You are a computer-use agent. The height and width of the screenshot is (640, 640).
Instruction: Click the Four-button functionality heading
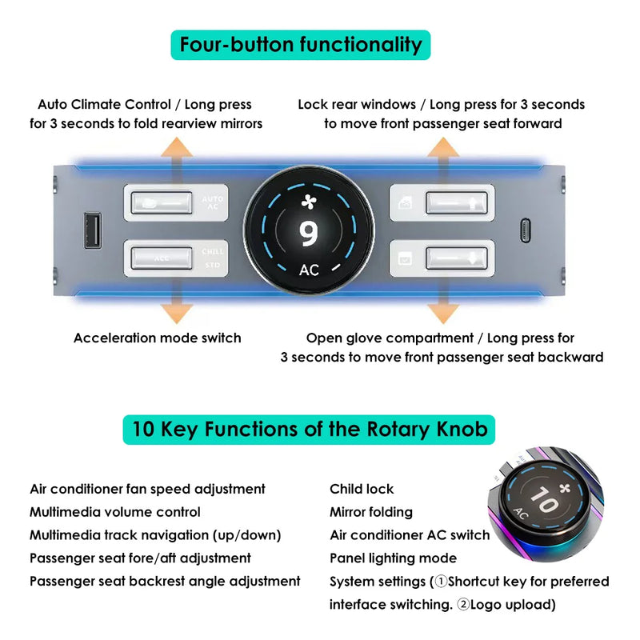pos(301,45)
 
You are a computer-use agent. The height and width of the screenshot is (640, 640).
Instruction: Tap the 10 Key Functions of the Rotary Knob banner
pos(309,430)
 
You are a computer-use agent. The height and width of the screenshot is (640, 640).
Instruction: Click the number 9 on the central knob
pos(308,234)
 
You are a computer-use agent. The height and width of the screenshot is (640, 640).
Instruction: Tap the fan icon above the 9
pos(309,202)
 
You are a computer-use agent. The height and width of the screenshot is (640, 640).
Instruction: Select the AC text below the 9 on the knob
pos(309,270)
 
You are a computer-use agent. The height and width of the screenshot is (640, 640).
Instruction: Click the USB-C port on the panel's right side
pos(526,230)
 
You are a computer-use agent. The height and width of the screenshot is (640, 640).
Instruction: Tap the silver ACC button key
pos(162,258)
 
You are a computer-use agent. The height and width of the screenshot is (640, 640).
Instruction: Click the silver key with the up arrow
pos(457,203)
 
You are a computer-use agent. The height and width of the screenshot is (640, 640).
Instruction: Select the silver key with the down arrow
pos(457,258)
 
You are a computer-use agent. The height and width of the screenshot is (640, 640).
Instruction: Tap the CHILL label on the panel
pos(213,251)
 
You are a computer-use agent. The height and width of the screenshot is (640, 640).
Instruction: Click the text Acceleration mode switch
pos(157,338)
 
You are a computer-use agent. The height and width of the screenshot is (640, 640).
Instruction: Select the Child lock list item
pos(362,489)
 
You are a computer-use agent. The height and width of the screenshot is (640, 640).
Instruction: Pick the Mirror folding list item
pos(371,512)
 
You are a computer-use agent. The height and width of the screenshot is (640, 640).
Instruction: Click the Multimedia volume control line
pos(115,512)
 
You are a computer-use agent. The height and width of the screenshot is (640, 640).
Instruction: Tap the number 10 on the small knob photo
pos(545,499)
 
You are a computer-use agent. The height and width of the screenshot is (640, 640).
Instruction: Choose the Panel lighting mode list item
pos(393,558)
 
